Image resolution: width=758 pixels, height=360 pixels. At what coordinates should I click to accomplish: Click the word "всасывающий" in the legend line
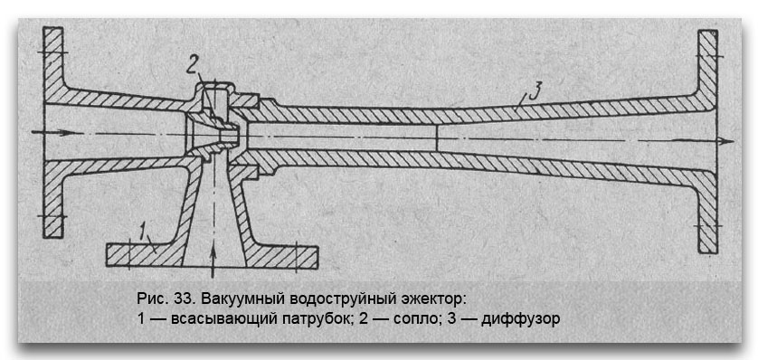click(x=213, y=318)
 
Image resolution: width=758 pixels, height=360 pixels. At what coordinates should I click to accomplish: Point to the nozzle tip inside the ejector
click(x=236, y=136)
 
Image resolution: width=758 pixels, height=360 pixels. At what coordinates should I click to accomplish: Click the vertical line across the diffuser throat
click(x=437, y=137)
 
